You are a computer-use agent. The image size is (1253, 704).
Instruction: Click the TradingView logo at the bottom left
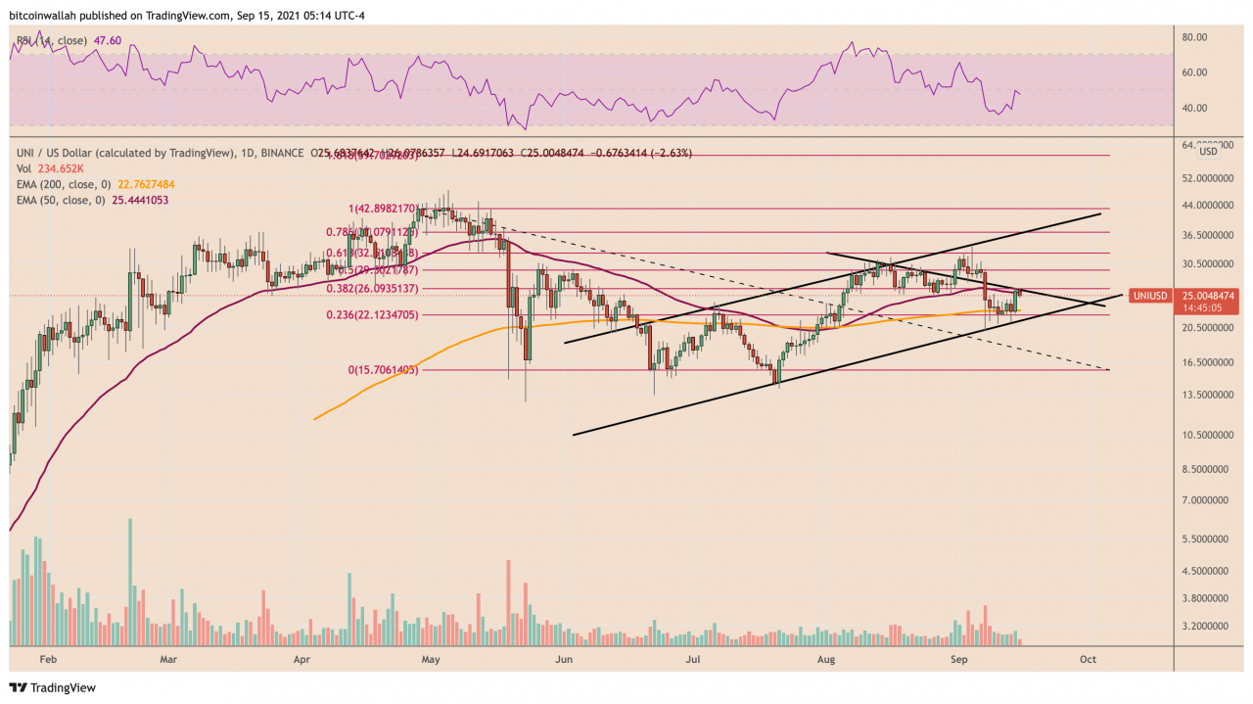tap(53, 687)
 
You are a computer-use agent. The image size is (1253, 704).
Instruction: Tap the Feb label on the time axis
tap(43, 660)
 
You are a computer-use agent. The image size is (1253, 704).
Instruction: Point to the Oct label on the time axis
tap(1088, 660)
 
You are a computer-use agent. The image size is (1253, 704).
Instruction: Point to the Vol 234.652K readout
tap(45, 168)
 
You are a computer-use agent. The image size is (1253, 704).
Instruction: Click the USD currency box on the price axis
tap(1208, 152)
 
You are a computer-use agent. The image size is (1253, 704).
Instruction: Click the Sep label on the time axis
tap(958, 660)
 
